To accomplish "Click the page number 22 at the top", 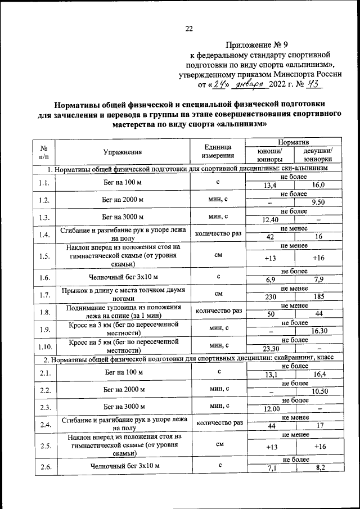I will point(188,29).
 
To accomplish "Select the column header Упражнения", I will point(122,151).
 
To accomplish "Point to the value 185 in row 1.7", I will point(318,298).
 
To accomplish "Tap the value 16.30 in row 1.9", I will point(318,331).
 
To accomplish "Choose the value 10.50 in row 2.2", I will point(318,391).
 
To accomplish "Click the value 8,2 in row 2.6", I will point(318,468).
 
